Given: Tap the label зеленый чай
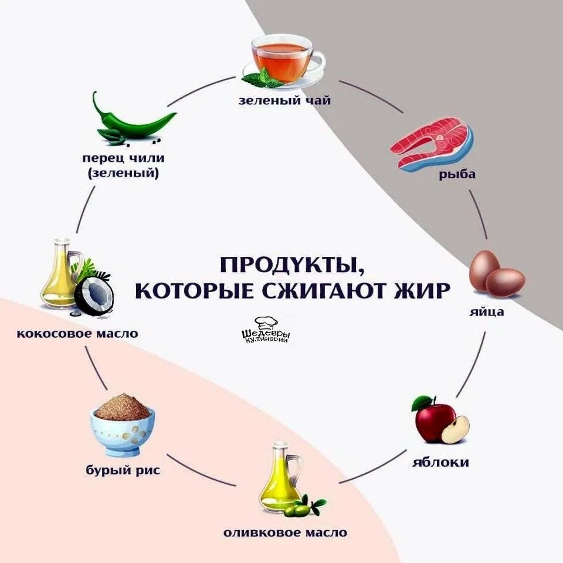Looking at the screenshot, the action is (284, 100).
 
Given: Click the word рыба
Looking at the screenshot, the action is (456, 174).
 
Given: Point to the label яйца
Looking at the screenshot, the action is (486, 311).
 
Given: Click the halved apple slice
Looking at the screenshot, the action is (455, 429).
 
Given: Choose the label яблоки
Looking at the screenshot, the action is (440, 462).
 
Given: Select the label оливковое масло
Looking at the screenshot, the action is (285, 533).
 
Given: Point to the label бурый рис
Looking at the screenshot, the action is (122, 470).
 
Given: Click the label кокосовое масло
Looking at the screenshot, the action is (77, 334).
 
